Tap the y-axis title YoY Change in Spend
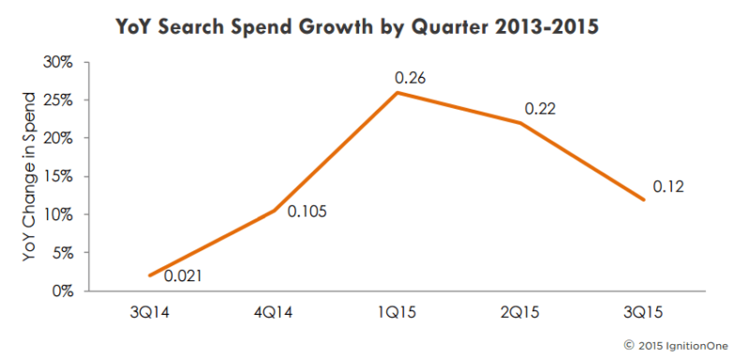point(29,176)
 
